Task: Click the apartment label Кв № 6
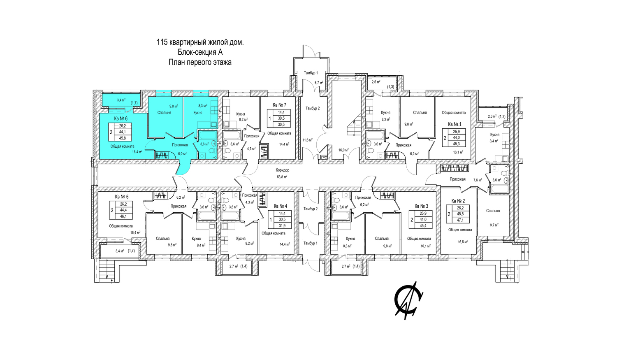pos(121,118)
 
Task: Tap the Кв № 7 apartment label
pos(279,105)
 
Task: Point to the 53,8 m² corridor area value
pos(282,177)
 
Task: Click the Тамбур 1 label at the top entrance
pos(311,73)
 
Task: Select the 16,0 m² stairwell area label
pos(343,150)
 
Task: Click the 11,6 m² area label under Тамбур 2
pos(307,140)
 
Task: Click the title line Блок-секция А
pos(200,52)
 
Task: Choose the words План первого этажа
pos(200,63)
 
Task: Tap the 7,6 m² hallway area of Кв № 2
pos(478,180)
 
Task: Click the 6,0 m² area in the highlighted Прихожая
pos(182,154)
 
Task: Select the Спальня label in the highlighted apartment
pos(164,113)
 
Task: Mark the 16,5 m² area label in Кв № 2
pos(463,242)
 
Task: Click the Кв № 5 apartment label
pos(122,197)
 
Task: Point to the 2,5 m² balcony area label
pos(376,82)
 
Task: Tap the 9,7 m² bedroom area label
pos(494,225)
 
